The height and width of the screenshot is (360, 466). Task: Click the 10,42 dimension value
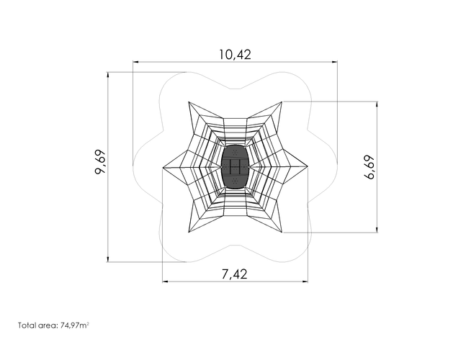235,55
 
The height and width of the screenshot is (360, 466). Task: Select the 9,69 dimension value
101,162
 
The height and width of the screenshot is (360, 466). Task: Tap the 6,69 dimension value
369,167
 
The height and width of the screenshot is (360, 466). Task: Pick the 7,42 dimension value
235,274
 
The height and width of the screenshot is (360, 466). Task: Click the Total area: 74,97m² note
54,325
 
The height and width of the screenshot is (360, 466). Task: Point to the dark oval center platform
235,166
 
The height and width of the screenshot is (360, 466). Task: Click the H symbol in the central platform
235,167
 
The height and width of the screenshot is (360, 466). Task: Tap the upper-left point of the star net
189,102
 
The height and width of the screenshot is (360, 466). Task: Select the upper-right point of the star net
282,102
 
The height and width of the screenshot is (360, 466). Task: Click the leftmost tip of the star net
163,168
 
